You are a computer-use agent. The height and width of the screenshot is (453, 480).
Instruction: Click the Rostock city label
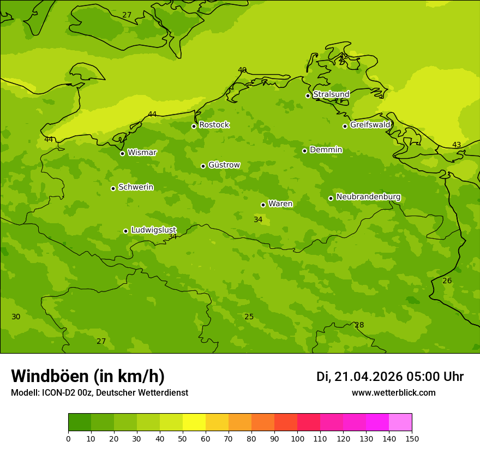click(x=214, y=125)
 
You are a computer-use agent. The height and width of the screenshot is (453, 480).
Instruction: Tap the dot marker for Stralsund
click(x=308, y=96)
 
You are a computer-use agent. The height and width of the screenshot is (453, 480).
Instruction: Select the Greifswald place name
click(x=370, y=125)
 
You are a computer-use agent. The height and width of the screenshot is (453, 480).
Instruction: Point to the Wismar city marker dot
click(x=122, y=153)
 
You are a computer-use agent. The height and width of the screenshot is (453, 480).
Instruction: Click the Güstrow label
click(x=224, y=165)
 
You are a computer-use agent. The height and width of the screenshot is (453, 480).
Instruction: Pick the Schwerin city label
click(x=135, y=187)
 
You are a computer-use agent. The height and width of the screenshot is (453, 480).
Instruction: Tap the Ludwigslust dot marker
click(x=125, y=231)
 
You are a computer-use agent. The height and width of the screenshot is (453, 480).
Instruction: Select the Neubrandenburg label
click(x=368, y=197)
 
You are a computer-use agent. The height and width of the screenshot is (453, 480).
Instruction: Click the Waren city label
click(x=280, y=204)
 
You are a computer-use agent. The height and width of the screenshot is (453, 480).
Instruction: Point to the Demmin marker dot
click(x=304, y=151)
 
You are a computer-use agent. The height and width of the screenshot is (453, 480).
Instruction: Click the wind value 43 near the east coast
click(x=457, y=145)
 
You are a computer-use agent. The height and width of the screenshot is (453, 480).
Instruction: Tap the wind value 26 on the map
click(x=447, y=281)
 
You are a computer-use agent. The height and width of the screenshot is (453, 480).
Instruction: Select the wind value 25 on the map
click(x=249, y=317)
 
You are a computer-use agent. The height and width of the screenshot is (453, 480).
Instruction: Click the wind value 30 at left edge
click(x=16, y=317)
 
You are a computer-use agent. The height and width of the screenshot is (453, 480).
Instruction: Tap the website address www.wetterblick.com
click(x=393, y=393)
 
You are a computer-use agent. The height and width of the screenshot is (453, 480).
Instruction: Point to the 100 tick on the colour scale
click(x=297, y=438)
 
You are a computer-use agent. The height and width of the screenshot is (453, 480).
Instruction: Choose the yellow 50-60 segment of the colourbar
click(x=194, y=422)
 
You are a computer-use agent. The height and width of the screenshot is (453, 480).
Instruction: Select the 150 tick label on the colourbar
click(x=412, y=438)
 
